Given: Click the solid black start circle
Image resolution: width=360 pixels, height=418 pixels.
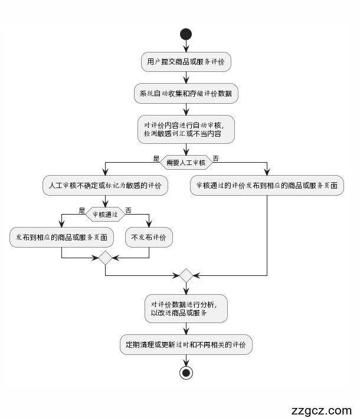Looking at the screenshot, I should click(186, 34).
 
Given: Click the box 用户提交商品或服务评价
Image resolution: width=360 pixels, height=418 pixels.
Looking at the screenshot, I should click(186, 62).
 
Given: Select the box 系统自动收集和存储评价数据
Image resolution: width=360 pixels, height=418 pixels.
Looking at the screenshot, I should click(186, 94).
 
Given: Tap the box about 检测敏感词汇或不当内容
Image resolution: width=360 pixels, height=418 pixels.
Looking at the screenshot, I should click(186, 129).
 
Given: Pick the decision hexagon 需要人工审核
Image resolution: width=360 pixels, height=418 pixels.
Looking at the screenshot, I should click(186, 162).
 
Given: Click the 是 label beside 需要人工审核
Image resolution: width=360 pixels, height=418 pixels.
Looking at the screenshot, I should click(156, 158).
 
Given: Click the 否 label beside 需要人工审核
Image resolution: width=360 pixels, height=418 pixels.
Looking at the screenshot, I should click(215, 158).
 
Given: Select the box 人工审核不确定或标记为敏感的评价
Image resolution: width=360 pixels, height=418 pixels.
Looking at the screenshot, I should click(105, 185).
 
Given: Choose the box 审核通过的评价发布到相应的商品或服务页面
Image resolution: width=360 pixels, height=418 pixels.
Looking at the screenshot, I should click(267, 185).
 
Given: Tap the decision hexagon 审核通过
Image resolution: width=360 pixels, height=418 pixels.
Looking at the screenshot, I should click(105, 215).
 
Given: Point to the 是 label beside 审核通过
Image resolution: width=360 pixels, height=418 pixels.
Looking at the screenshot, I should click(82, 210).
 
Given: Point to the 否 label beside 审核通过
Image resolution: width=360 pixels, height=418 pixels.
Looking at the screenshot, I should click(128, 210).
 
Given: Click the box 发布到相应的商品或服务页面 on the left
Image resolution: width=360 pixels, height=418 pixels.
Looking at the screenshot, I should click(62, 238).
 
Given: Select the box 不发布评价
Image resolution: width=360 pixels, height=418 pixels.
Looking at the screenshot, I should click(149, 238).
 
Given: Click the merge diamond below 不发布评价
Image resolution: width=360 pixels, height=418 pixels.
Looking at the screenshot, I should click(105, 258).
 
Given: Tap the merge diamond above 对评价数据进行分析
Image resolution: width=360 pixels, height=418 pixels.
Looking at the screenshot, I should click(186, 275).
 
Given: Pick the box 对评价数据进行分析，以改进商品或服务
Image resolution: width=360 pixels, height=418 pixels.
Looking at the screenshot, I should click(186, 308).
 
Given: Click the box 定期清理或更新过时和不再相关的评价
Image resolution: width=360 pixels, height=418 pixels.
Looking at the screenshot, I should click(186, 345).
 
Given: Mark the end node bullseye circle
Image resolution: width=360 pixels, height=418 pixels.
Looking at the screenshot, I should click(186, 373).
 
